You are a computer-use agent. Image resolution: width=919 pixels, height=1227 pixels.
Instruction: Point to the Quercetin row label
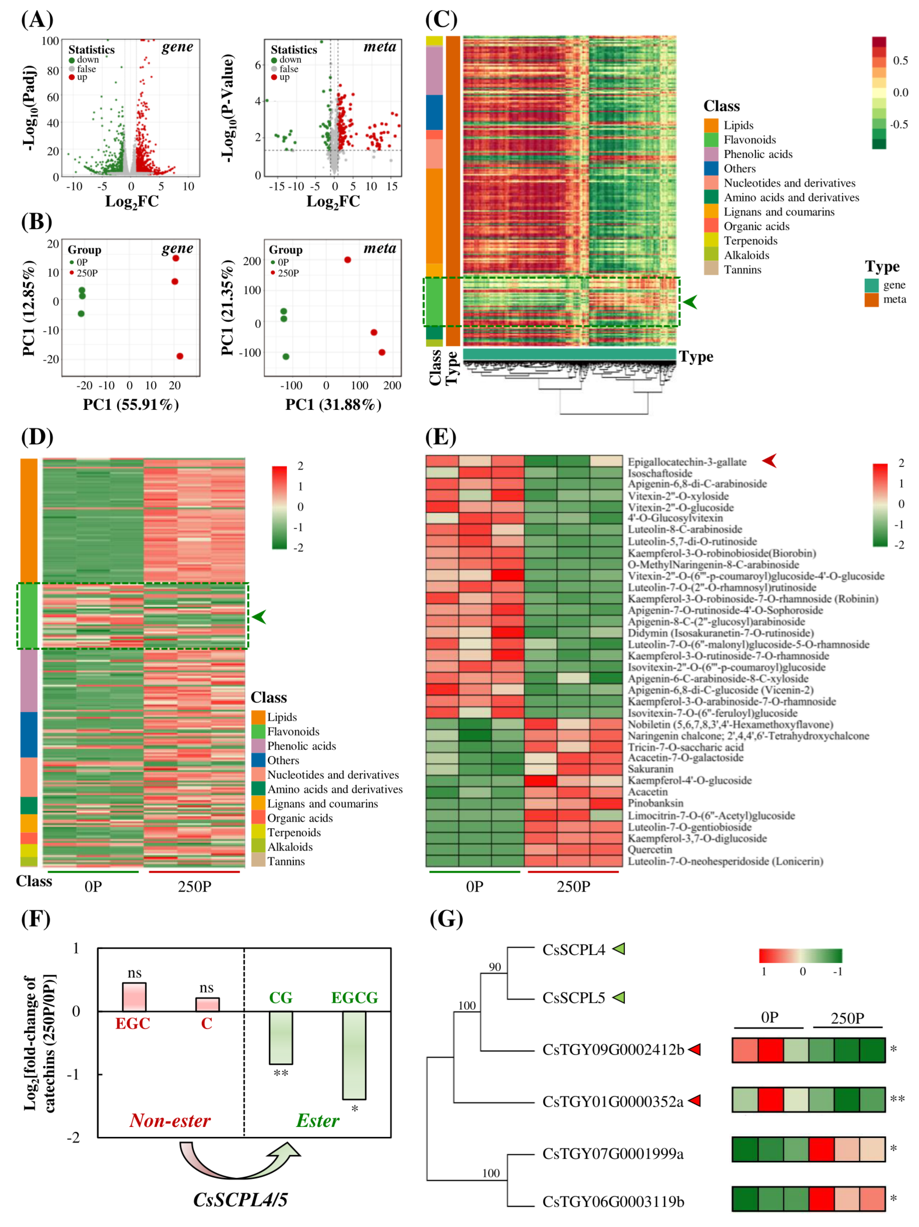point(650,849)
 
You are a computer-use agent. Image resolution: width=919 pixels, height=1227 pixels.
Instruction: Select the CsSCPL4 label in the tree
point(574,950)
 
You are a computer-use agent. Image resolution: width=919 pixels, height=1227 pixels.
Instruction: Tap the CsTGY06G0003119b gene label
point(613,1202)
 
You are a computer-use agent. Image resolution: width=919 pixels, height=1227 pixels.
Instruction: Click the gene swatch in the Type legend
point(871,285)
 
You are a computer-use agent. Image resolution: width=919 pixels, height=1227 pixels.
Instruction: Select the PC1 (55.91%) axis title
point(131,405)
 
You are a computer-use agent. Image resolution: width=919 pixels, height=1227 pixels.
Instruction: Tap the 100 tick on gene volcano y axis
point(50,41)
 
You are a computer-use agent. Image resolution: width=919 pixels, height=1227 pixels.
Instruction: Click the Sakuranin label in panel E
point(650,769)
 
